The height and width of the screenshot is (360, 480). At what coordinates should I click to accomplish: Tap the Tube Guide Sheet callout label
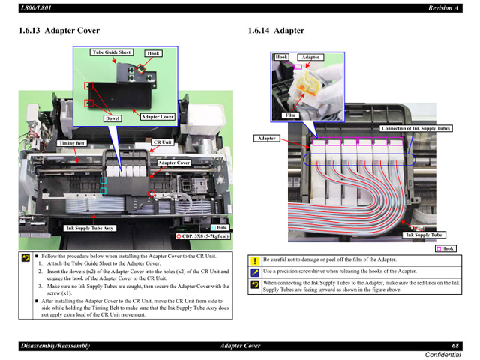112,52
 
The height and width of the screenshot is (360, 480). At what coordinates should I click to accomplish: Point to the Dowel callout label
112,118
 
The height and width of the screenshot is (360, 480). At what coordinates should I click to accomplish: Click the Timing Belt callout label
72,143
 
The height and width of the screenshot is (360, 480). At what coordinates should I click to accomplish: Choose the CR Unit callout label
163,142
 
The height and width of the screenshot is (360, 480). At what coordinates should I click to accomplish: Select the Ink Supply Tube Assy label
90,228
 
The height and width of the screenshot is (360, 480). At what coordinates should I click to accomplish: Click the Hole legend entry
219,227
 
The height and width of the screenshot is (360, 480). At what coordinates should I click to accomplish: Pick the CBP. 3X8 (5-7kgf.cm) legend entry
202,235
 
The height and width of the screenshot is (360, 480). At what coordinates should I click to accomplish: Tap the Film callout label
290,115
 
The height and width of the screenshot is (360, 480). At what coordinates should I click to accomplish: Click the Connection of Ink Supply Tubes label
415,128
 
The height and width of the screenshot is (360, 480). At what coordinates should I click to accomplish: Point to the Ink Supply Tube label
424,235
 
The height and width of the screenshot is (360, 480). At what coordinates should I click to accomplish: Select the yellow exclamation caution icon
255,260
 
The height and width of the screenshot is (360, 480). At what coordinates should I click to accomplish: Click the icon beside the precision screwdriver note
255,271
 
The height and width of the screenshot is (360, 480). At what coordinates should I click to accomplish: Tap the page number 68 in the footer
455,346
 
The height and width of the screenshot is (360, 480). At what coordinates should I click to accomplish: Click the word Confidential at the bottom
443,354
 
